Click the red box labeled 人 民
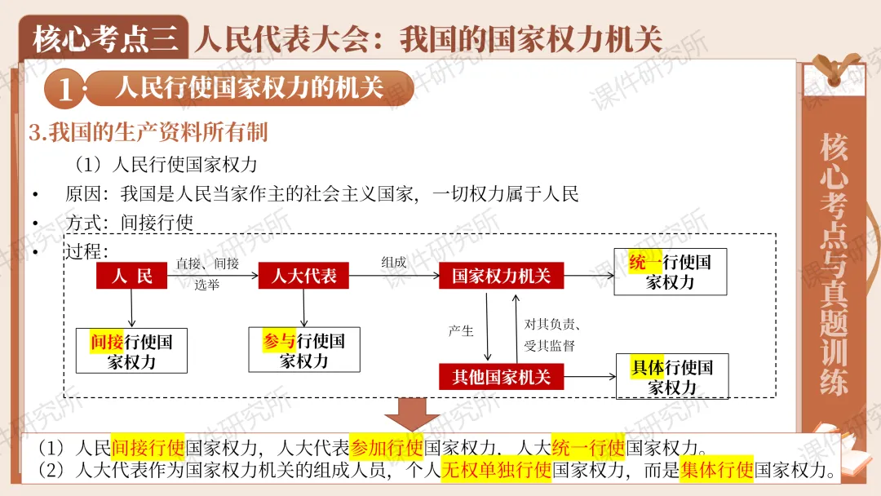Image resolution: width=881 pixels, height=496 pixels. [x=131, y=276]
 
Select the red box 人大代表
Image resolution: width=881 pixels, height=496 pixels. [x=303, y=276]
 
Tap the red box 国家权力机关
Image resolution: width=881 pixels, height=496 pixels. [x=501, y=276]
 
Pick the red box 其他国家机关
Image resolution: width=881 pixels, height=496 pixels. [x=501, y=376]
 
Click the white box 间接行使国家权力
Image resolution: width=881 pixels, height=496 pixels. [x=131, y=351]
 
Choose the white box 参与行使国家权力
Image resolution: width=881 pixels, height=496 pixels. [x=303, y=351]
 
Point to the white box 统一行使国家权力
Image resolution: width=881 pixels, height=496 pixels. [x=670, y=272]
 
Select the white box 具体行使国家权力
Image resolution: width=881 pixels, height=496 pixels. [x=672, y=376]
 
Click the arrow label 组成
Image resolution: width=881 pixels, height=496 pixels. [x=393, y=262]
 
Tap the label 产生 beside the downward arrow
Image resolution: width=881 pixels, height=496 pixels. [x=461, y=330]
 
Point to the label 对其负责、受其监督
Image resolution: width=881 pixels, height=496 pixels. [x=552, y=334]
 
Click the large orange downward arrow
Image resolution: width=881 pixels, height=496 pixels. [x=412, y=414]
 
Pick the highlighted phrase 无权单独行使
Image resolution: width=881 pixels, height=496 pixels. [x=496, y=471]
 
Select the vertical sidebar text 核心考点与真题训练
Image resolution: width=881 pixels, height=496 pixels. [x=834, y=265]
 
